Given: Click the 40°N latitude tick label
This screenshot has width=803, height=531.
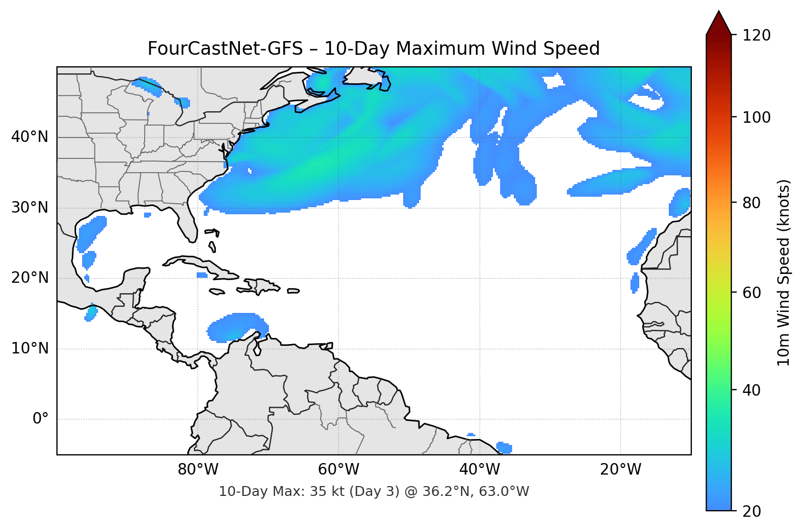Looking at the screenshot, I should pos(30,137).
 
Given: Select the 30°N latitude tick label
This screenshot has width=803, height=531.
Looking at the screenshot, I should pos(30,208).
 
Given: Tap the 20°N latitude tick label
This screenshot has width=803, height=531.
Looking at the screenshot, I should pos(30,278).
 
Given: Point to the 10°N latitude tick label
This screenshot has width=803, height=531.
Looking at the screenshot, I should pos(30,349).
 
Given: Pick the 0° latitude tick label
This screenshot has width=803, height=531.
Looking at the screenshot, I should pos(40,419).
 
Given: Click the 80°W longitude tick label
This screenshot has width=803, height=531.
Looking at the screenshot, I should pos(198,470).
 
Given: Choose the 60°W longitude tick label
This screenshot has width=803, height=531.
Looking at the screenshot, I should pos(339,470).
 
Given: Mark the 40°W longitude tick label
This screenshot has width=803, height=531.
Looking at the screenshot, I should pos(479,470).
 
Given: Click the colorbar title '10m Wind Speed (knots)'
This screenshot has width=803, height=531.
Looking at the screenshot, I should pos(784,272).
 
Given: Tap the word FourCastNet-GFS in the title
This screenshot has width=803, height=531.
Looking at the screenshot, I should pos(225,49).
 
